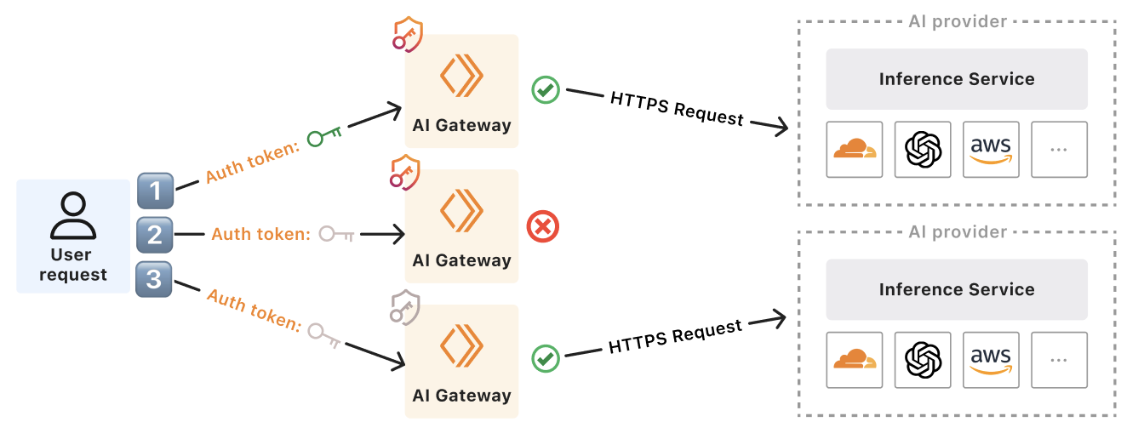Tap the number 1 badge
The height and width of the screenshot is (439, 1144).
coord(156,191)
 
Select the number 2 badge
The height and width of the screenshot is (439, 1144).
coord(154,234)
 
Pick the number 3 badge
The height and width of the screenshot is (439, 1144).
coord(154,279)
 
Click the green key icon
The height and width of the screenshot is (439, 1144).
coord(324,135)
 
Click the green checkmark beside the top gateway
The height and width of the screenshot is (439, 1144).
coord(546,89)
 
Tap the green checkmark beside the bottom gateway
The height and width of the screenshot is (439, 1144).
coord(546,358)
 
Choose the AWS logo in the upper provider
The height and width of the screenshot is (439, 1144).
coord(991,150)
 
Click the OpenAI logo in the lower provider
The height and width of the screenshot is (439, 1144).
coord(923,360)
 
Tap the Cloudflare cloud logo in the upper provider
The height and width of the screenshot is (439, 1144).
coord(855,150)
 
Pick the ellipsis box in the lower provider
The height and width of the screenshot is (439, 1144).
coord(1059,360)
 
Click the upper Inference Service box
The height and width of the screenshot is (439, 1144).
coord(957,79)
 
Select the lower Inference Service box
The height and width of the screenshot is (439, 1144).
coord(957,289)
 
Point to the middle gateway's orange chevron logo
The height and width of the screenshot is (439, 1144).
coord(461,211)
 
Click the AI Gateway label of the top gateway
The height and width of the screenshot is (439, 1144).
coord(461,125)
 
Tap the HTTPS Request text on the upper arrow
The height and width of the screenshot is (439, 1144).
coord(677,108)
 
